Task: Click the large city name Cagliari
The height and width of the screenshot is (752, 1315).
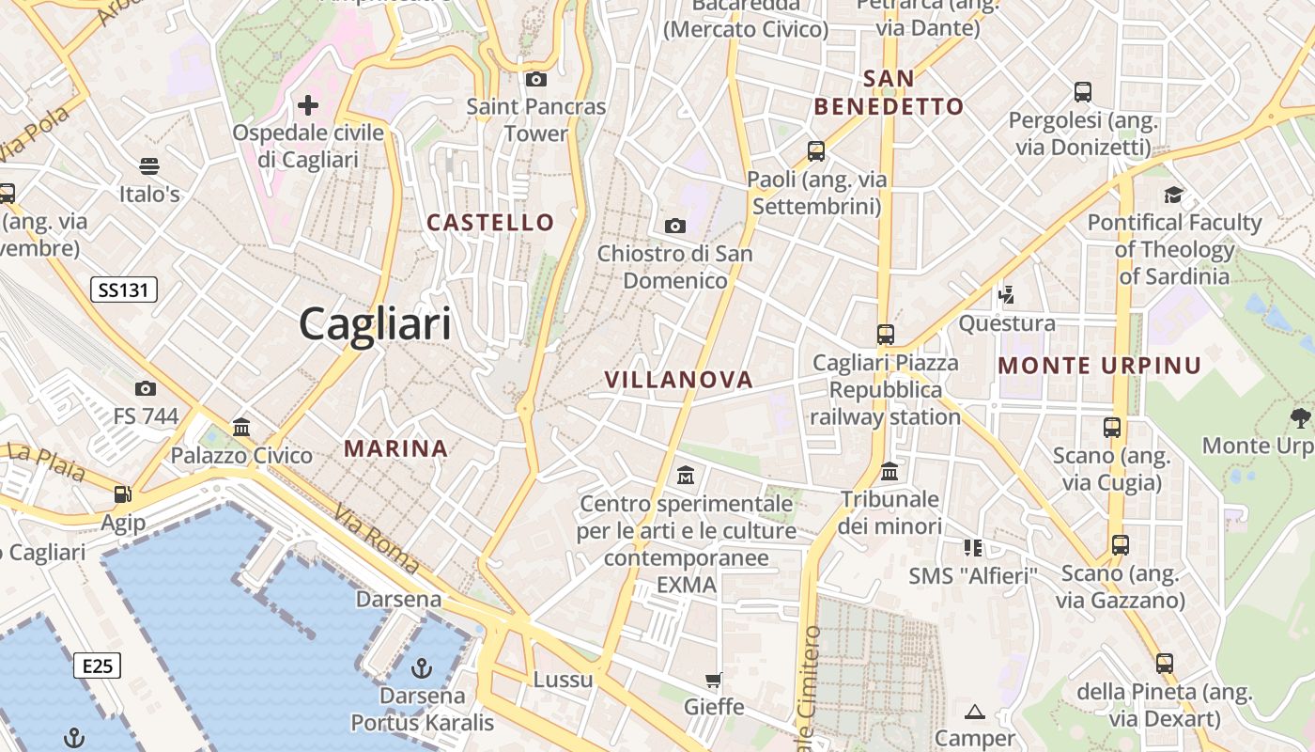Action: (375, 325)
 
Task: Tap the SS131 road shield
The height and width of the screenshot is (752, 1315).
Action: (123, 290)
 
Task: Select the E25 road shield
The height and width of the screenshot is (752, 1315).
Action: (98, 666)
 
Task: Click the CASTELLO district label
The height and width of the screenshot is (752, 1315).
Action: (490, 223)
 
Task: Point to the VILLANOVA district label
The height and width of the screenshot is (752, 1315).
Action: (678, 380)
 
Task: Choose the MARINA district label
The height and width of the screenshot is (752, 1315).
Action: (395, 448)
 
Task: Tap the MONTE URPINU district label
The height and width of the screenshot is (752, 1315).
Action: (1099, 366)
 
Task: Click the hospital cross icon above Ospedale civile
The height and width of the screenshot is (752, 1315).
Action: (308, 104)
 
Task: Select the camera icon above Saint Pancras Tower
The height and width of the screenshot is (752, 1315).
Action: (536, 79)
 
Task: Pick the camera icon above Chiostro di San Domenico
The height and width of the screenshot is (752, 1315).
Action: (674, 226)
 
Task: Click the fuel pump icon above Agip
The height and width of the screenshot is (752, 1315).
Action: (122, 493)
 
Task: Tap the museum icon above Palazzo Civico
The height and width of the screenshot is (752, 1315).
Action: (241, 428)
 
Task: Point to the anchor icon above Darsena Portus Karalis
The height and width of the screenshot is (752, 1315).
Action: (422, 668)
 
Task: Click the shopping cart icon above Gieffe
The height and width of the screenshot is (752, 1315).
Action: (714, 680)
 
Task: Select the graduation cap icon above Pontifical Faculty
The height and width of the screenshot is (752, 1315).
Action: (1173, 195)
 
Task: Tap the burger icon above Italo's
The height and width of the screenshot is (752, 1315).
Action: (148, 166)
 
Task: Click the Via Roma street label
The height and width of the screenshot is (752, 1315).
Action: (375, 538)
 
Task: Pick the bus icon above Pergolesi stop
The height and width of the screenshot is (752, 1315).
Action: (1083, 92)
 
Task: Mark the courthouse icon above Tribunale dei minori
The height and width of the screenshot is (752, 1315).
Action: (889, 471)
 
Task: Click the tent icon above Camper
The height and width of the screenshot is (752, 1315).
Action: (974, 712)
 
